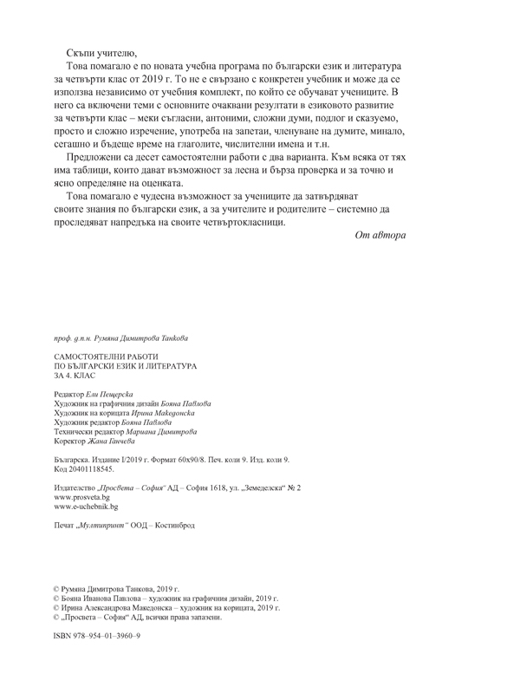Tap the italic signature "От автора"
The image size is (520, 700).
(x=380, y=235)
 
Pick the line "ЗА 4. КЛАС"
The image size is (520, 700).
(x=75, y=378)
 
